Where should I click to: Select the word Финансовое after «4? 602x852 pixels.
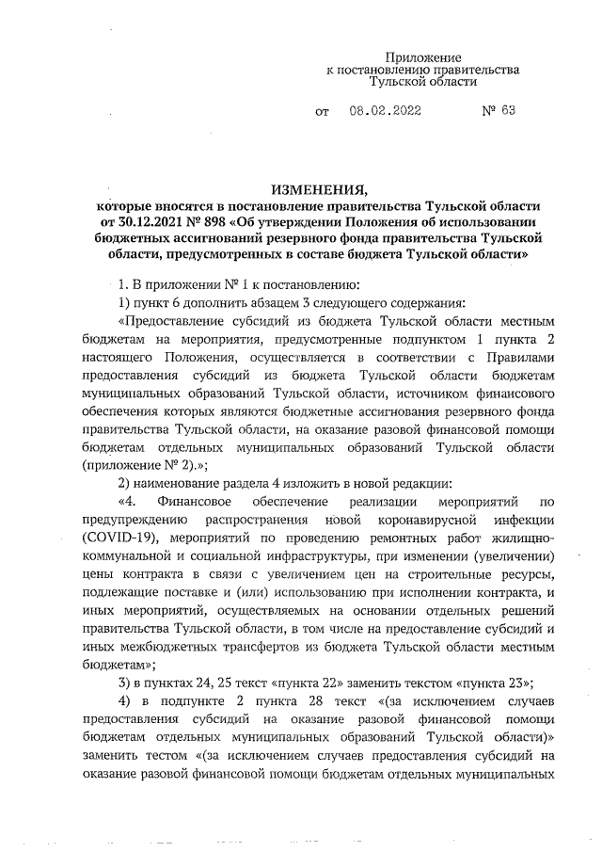click(195, 503)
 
